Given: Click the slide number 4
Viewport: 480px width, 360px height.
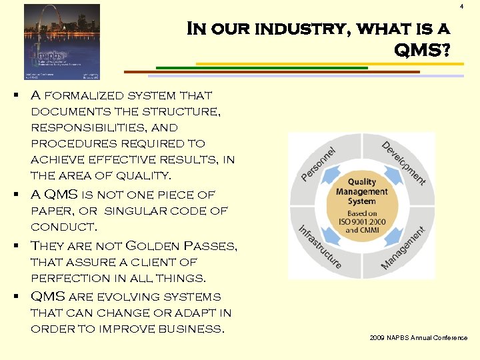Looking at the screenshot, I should coord(462,7).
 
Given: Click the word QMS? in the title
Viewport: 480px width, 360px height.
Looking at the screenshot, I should coord(421,50).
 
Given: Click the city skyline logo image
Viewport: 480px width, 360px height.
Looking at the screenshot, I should coord(61,41).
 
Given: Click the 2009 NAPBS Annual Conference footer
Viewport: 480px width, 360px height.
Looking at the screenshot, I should coord(419,338).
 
